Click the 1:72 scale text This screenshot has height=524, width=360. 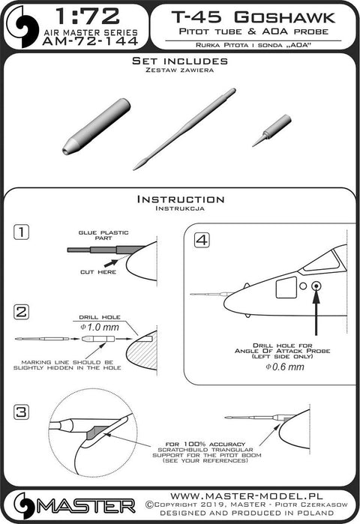point(88,16)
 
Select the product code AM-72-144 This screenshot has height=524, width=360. point(90,41)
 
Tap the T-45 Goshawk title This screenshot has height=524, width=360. point(253,17)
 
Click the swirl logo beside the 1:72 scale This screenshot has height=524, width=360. point(22,26)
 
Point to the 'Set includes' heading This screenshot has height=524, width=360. point(180,61)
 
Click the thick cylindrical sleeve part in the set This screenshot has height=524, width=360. point(97,126)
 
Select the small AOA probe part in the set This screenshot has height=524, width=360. point(271,130)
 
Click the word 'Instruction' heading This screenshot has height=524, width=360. point(181,199)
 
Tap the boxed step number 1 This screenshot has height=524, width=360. point(22,232)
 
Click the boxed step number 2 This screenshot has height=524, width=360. point(22,312)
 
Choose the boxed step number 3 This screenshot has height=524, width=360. point(22,412)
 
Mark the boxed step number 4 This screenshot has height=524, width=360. point(202,240)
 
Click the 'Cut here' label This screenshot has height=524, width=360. point(98,272)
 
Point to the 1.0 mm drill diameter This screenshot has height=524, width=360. point(99,327)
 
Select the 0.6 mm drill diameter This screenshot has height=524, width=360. point(285,367)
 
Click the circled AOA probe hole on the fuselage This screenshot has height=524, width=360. point(316,286)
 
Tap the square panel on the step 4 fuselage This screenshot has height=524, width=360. point(286,287)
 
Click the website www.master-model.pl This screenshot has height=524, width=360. point(247,496)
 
